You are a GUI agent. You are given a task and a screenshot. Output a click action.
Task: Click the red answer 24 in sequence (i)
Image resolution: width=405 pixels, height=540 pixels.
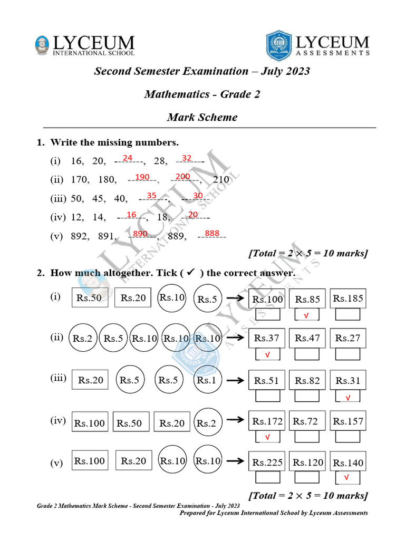pos(128,158)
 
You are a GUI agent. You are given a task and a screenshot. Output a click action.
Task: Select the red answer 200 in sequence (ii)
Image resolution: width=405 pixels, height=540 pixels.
pos(182,177)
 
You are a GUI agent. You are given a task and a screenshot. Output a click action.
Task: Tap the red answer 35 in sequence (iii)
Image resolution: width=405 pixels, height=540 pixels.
pos(152,196)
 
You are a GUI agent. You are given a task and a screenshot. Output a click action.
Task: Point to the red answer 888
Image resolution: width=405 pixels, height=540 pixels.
pos(212,234)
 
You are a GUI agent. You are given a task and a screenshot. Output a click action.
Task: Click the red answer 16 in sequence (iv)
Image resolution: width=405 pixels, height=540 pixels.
pos(132,215)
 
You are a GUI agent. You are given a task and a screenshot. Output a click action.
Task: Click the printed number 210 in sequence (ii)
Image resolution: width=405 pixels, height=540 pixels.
pos(221,180)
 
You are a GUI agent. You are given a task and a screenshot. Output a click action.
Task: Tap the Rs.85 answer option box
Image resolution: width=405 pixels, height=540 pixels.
pos(307,300)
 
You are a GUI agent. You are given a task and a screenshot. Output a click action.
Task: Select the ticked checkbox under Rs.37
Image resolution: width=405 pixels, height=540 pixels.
pos(267,354)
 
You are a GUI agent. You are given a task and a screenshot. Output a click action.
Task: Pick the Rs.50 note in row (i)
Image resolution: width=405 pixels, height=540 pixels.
pos(90,298)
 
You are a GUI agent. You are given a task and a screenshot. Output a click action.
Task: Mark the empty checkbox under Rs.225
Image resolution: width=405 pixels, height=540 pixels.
pos(267,477)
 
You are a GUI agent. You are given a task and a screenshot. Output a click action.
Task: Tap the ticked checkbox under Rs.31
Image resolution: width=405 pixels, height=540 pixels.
pos(348,397)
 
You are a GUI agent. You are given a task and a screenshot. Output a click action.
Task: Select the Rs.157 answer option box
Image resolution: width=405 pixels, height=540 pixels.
pos(348,421)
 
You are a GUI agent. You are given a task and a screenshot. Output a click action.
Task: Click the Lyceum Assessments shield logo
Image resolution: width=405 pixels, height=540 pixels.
pos(278,44)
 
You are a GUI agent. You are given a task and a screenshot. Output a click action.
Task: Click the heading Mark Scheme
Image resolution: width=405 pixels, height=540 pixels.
pos(202,117)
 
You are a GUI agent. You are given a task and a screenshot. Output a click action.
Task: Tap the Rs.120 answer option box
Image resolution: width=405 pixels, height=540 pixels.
pos(307,462)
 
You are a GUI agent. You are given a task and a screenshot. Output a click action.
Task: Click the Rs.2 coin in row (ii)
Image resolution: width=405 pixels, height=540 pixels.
pos(83,339)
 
